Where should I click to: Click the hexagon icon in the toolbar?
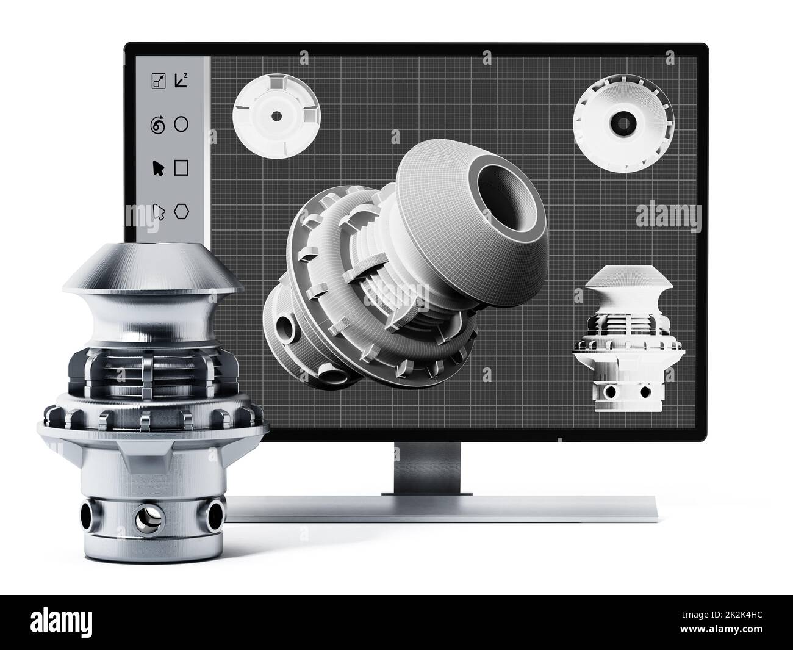click(x=181, y=211)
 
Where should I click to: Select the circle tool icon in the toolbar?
click(x=181, y=125)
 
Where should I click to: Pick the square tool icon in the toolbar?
click(x=181, y=168)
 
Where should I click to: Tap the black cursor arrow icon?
click(x=158, y=168)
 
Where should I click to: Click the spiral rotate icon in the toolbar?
click(x=158, y=126)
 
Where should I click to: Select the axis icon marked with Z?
click(x=181, y=80)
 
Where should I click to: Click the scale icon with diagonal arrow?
click(x=158, y=81)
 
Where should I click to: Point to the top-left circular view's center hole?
click(x=275, y=115)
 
